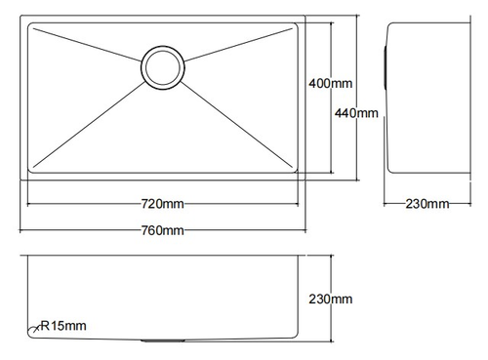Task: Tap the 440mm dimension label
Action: click(x=356, y=113)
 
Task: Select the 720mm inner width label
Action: click(x=161, y=204)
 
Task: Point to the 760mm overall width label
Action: click(x=161, y=230)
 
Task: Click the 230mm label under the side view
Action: click(x=427, y=204)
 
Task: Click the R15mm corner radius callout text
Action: click(x=64, y=325)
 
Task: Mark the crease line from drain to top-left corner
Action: click(x=88, y=47)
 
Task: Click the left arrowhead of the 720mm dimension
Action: click(x=28, y=204)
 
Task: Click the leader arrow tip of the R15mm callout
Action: click(x=33, y=331)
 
